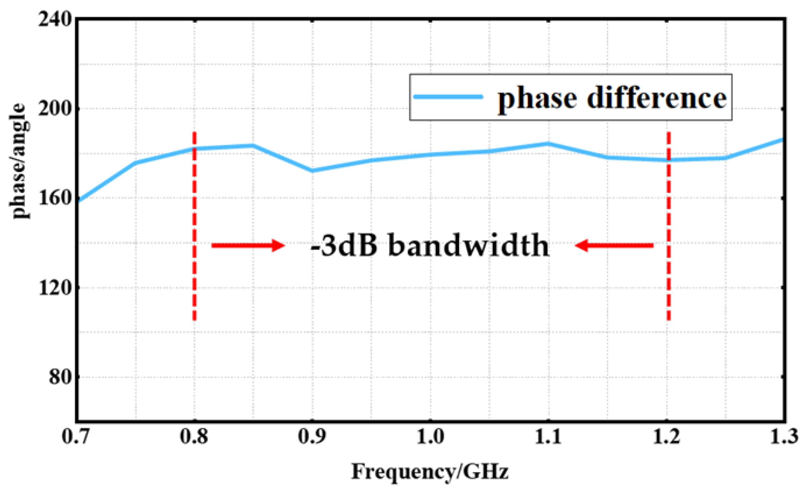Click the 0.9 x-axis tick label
(312, 437)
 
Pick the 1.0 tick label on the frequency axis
(430, 437)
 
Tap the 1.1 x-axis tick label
(548, 437)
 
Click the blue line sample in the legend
(448, 97)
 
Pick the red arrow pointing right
(248, 245)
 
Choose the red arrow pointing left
(614, 245)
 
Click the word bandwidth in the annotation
(469, 246)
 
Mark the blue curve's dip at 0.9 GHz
(312, 171)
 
